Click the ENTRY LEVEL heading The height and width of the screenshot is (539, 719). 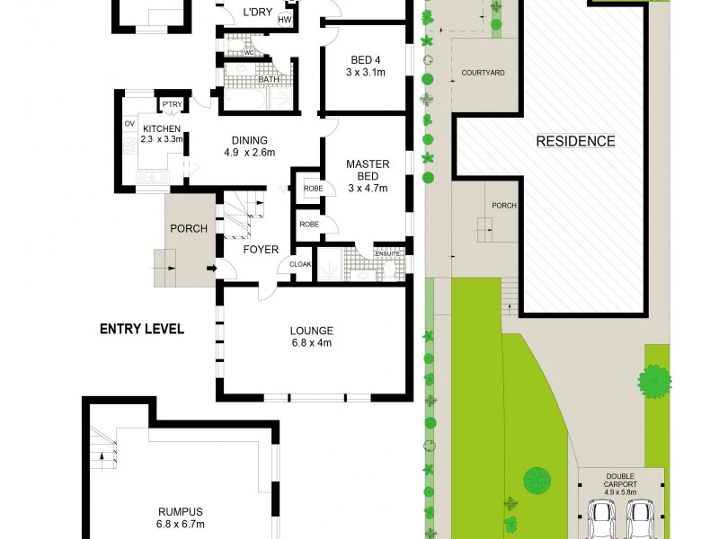[141, 330]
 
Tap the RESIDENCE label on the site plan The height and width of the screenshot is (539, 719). [575, 141]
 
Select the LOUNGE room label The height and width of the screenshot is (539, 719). [311, 330]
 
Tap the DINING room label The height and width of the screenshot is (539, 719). [249, 140]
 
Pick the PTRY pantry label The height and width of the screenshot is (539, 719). [172, 105]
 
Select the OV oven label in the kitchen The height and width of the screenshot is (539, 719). [129, 124]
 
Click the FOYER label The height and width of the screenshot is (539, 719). [261, 250]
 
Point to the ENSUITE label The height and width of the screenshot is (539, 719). [388, 252]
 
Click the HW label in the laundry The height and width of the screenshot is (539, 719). [285, 20]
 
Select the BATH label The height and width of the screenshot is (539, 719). [269, 79]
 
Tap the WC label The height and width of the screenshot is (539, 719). [249, 52]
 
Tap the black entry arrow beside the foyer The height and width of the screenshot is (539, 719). [212, 268]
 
